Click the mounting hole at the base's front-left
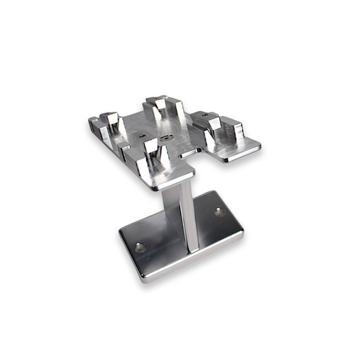(140, 247)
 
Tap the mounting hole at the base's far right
(219, 212)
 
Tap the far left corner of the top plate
(90, 124)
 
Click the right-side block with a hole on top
(208, 122)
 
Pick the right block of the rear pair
(173, 110)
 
